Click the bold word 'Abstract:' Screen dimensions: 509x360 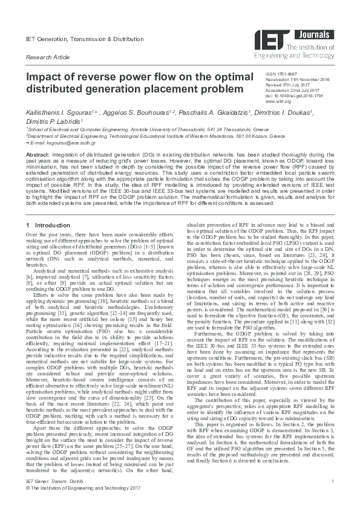(x=38, y=155)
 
